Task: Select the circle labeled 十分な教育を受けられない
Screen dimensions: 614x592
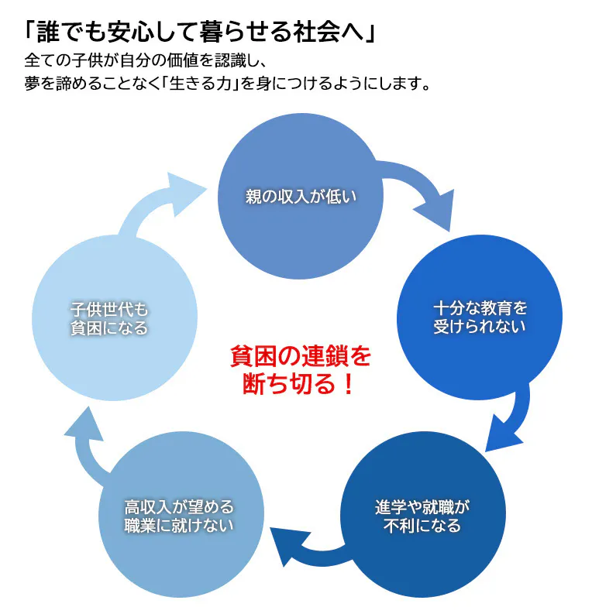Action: (479, 317)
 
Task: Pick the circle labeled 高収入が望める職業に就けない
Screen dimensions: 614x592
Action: (180, 516)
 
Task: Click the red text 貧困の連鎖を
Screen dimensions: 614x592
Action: (301, 357)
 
